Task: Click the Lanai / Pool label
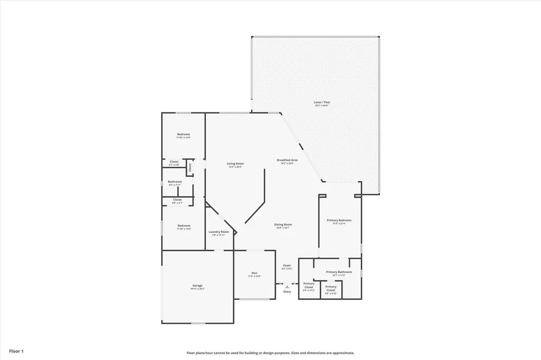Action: (322, 102)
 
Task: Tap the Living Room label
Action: (235, 164)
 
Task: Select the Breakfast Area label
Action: (287, 160)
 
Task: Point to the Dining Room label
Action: (283, 224)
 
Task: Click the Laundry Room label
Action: (218, 232)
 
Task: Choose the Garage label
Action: (197, 286)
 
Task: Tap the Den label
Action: (254, 273)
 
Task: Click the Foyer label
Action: (287, 266)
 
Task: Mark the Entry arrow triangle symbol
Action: (287, 287)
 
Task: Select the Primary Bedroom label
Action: (339, 220)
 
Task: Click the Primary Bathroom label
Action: (339, 272)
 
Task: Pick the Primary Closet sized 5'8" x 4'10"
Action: (331, 288)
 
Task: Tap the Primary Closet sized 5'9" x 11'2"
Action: (309, 285)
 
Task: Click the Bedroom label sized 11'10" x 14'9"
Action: (183, 225)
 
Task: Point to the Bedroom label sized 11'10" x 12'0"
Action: (183, 135)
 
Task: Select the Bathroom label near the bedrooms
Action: (175, 182)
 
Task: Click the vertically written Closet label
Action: (190, 167)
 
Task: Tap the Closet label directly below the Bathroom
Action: (177, 200)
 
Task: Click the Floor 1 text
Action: (16, 351)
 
